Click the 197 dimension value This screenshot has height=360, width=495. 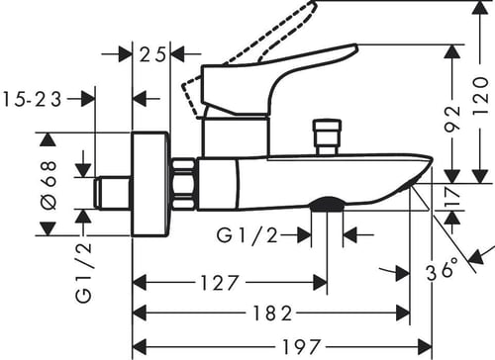click(301, 347)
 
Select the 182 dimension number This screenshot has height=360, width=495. click(272, 313)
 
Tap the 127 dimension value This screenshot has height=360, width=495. click(220, 283)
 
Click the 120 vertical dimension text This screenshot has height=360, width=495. click(480, 96)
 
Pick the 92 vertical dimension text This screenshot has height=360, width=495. click(452, 119)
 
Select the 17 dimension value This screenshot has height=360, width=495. click(453, 197)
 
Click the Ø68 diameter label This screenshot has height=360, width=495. click(49, 185)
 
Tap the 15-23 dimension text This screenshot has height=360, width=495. click(32, 99)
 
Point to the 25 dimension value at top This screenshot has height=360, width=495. click(151, 54)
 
